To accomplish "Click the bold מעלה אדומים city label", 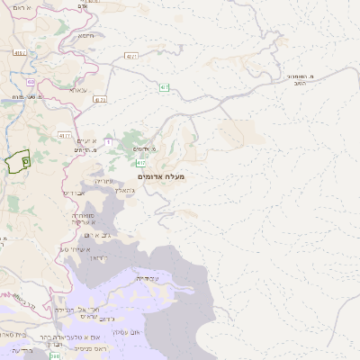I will click(162, 177).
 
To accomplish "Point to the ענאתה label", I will click(77, 90).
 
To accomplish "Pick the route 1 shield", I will click(107, 141).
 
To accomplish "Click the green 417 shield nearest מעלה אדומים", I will click(142, 163).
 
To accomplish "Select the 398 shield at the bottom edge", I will click(55, 356).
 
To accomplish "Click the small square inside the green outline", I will click(25, 160).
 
